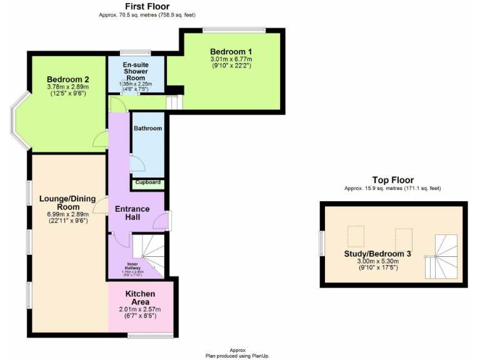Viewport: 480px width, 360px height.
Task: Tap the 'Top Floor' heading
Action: click(x=392, y=180)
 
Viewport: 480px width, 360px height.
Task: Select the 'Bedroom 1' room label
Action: click(x=231, y=51)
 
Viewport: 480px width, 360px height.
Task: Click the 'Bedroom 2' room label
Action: click(x=68, y=79)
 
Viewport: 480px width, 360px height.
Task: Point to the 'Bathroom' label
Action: click(x=147, y=129)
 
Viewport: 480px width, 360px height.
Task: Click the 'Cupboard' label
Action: click(x=148, y=182)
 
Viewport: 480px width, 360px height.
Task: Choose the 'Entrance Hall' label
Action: click(x=132, y=213)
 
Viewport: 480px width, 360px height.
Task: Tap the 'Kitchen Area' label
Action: click(x=140, y=297)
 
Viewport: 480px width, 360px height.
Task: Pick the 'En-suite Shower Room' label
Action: click(x=135, y=71)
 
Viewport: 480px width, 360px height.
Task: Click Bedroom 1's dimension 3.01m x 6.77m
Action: click(x=231, y=59)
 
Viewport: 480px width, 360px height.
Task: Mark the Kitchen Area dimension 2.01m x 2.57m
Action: click(x=140, y=309)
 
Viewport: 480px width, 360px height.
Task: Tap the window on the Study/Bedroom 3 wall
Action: click(x=321, y=245)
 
